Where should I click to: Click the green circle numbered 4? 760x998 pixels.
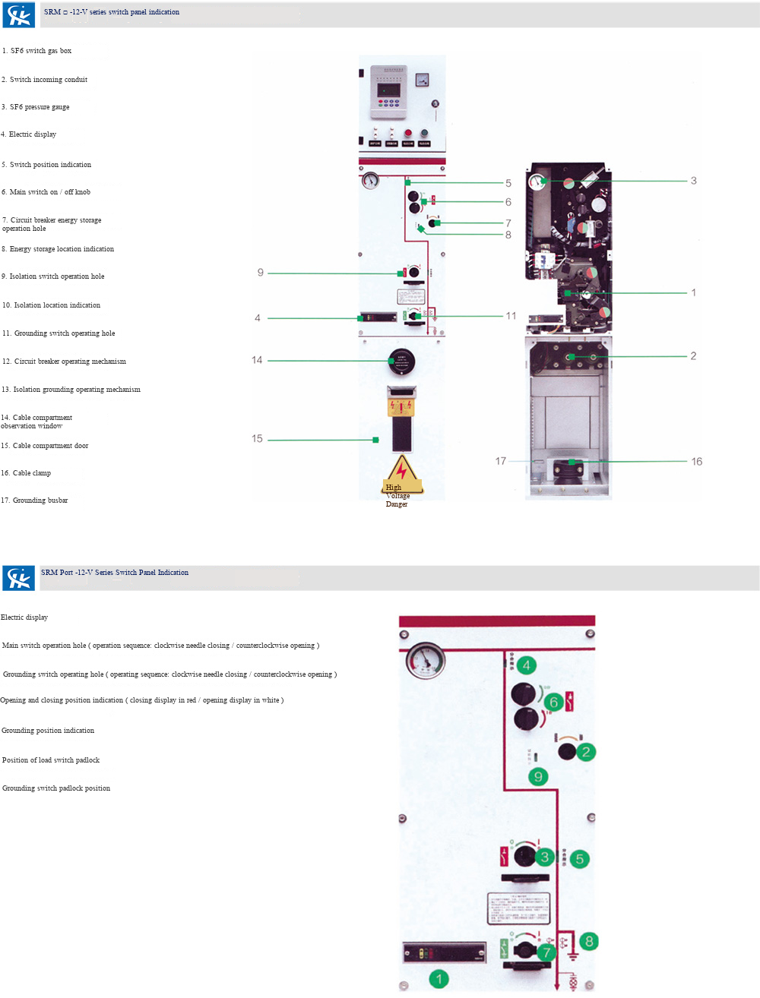pos(526,665)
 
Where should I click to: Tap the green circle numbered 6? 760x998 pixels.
pos(553,702)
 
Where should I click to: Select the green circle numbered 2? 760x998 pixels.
pos(585,752)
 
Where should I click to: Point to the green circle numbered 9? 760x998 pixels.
pos(538,776)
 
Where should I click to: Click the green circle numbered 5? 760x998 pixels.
pos(579,859)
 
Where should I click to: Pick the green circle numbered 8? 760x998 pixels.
pos(589,941)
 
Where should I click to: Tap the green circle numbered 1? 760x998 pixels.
pos(439,979)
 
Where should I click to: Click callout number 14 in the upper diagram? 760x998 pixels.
pos(257,360)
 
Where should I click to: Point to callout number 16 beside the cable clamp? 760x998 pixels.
pos(696,461)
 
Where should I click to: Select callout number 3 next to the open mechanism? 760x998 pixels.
pos(693,181)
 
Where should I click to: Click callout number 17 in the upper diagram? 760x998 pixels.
pos(500,461)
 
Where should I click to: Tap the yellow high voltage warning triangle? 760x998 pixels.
pos(401,473)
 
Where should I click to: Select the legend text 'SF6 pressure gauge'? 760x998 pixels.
pos(39,107)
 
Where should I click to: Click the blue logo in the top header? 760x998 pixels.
pos(19,15)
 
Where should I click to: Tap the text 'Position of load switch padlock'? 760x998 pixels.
pos(51,760)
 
